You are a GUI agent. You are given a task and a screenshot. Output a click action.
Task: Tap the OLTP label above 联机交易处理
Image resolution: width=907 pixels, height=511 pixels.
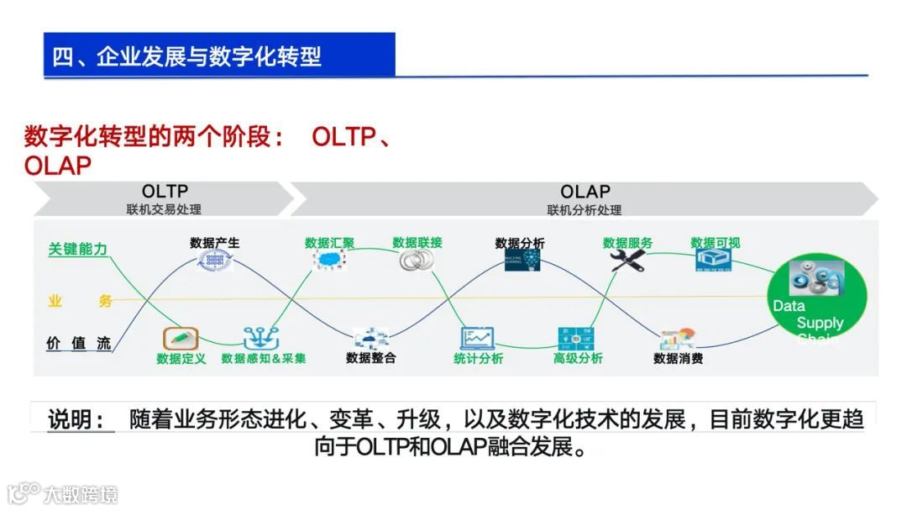coord(165,192)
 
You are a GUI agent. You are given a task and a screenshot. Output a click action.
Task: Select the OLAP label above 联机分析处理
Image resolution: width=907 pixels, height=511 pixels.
coord(585,192)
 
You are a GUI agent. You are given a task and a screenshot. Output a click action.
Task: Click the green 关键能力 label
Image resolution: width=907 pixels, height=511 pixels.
coord(77,249)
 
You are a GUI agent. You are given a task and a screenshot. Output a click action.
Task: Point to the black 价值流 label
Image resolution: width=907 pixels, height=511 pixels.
coord(78,343)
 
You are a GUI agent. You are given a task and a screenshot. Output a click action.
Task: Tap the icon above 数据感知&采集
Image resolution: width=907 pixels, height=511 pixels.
coord(261,338)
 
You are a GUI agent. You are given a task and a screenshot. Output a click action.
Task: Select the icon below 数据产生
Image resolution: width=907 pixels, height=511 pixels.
coord(214,261)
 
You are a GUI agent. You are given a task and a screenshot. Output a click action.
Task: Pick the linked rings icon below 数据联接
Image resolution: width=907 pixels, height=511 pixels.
coord(413,261)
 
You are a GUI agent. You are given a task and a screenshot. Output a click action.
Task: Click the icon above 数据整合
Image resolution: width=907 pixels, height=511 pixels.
coord(370,339)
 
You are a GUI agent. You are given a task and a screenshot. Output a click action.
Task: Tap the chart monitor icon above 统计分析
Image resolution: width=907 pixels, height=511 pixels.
coord(477,338)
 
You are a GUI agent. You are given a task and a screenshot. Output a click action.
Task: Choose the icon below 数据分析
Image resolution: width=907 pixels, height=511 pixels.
coord(521,261)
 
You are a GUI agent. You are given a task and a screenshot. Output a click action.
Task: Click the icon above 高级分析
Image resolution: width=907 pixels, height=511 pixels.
coord(576,338)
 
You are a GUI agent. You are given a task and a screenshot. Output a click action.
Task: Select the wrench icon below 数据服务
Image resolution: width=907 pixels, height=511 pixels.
coord(627,261)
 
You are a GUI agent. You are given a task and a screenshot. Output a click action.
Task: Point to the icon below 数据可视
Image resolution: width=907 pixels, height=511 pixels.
coord(715,261)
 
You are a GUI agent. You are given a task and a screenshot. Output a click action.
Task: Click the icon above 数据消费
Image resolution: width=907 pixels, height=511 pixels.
coord(678,339)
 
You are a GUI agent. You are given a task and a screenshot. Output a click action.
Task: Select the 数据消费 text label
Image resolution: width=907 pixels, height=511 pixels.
coord(678,359)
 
